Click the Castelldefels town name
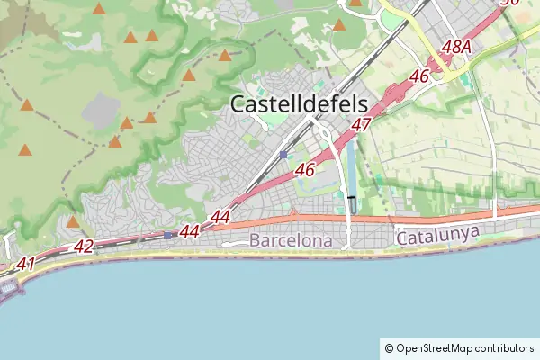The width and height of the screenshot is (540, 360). (x=305, y=103)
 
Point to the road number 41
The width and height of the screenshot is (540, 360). (x=26, y=264)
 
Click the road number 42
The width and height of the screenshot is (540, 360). (x=84, y=246)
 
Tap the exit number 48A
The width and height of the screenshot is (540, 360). (x=457, y=46)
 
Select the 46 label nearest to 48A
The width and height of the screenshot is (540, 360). (x=418, y=77)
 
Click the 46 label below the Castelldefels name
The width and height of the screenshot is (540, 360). (x=304, y=169)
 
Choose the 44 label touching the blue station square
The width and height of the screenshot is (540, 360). (x=188, y=231)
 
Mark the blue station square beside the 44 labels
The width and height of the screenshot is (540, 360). (x=167, y=235)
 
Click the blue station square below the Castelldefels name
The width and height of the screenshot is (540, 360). (x=283, y=155)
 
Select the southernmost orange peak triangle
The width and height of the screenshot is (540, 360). (x=73, y=221)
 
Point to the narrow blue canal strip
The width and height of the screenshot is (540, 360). (x=350, y=171)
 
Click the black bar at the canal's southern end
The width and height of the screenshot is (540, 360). (x=351, y=196)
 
